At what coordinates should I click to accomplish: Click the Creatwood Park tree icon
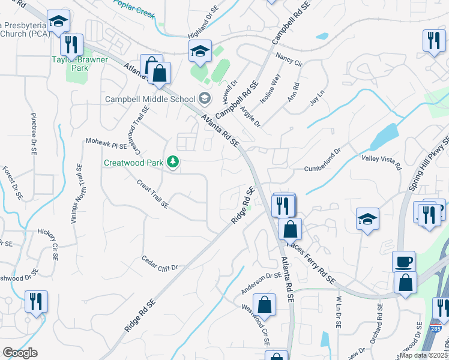[x=173, y=162]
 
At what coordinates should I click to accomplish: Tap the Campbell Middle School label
[x=151, y=99]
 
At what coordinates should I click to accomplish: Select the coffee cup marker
[x=404, y=262]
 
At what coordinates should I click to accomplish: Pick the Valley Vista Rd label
[x=381, y=161]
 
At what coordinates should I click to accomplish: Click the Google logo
[x=20, y=353]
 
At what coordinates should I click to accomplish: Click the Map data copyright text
[x=424, y=355]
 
